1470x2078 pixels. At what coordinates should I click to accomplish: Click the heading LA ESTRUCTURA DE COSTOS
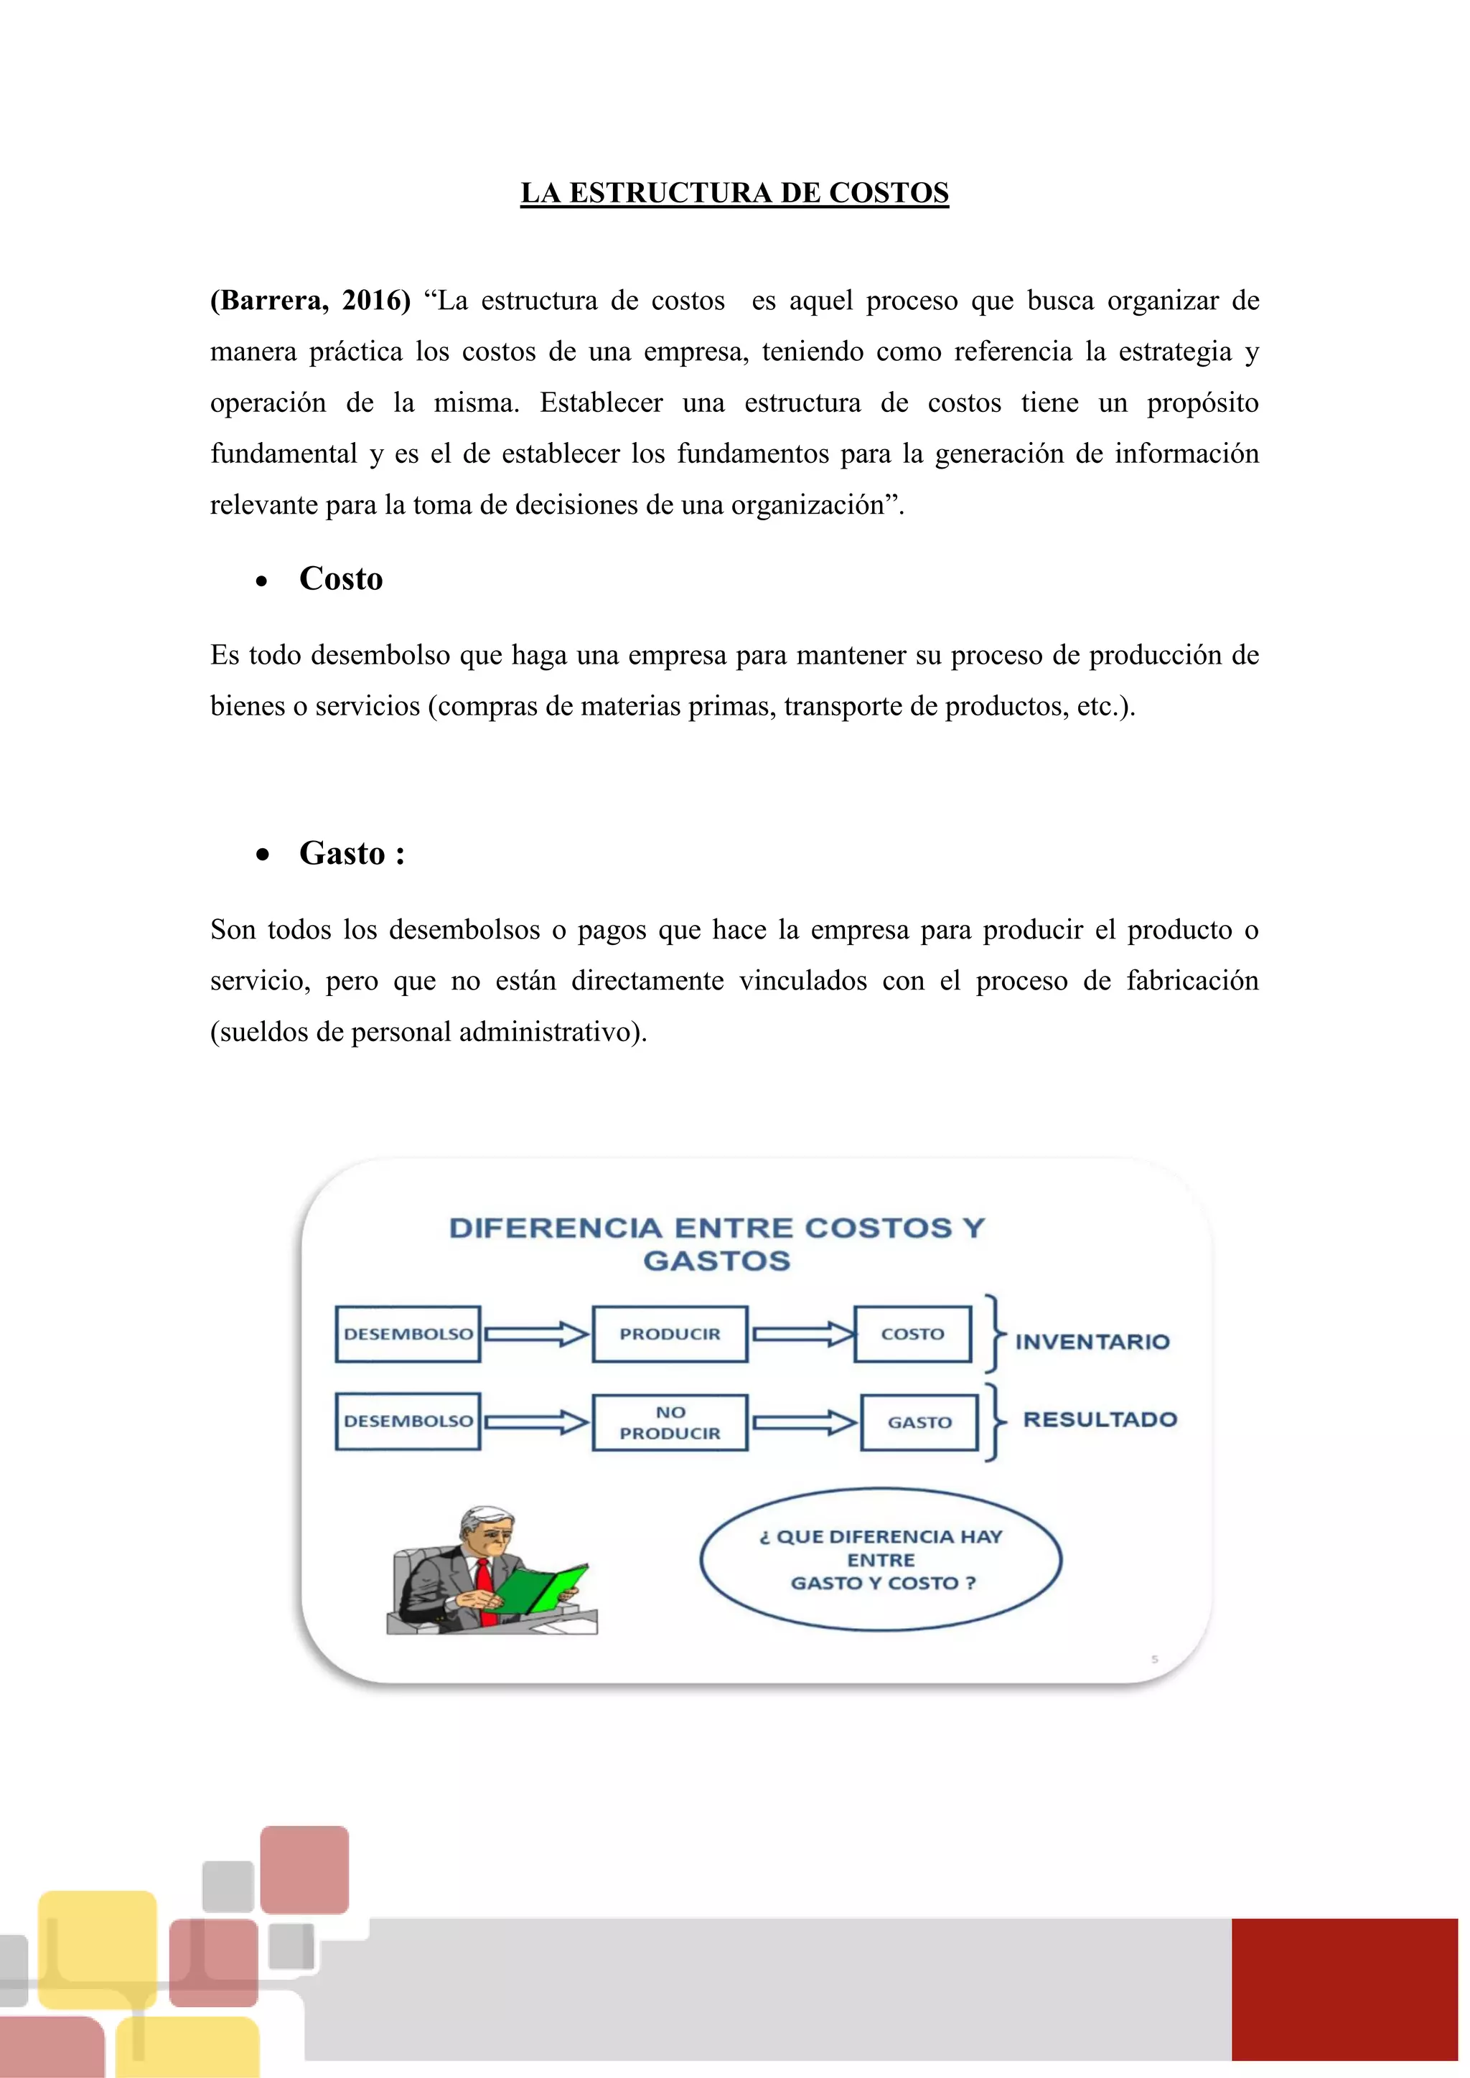click(734, 193)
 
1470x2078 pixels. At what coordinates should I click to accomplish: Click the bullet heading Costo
click(340, 579)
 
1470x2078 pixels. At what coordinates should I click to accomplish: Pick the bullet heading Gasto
click(342, 853)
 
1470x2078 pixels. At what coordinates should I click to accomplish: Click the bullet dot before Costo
click(261, 582)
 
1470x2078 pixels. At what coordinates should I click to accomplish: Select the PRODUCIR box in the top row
click(670, 1334)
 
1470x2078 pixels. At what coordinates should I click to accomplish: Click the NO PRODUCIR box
click(670, 1423)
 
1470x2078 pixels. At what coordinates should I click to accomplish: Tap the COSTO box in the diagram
click(912, 1334)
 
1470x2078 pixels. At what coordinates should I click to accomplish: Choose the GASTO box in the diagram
click(919, 1423)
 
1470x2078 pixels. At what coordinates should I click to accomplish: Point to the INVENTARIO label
click(1092, 1341)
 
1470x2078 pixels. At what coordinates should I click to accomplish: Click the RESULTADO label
click(1100, 1419)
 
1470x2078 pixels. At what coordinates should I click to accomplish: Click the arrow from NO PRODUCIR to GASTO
click(805, 1423)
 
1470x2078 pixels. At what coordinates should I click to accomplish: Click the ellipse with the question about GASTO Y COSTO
click(881, 1559)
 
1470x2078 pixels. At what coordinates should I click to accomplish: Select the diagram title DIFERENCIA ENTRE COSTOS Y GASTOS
click(717, 1243)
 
